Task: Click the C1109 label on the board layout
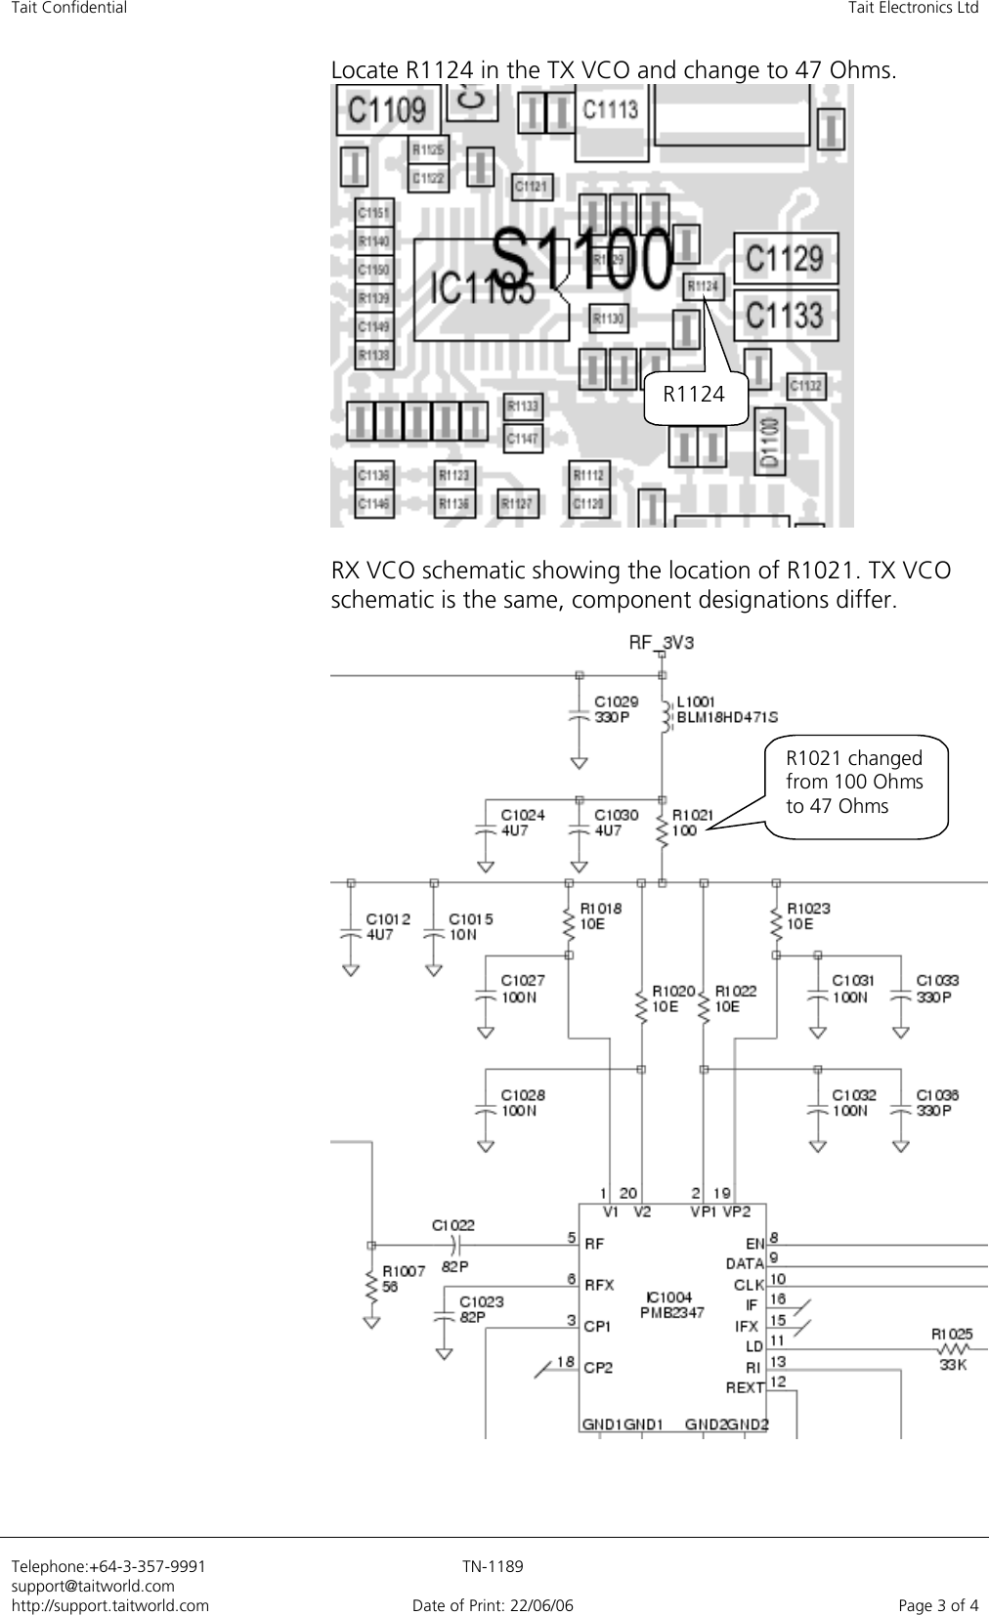(x=387, y=108)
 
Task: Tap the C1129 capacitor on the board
(x=785, y=259)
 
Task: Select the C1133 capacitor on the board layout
(x=785, y=315)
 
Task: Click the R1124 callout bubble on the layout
(x=694, y=395)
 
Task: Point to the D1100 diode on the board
(x=770, y=441)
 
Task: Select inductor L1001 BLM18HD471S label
(x=727, y=709)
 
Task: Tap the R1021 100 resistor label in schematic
(x=694, y=822)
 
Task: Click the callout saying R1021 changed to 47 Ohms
(x=854, y=783)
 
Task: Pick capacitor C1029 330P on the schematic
(x=617, y=708)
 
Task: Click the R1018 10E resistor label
(x=600, y=915)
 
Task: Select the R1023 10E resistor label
(x=807, y=915)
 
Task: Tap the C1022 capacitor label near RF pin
(x=453, y=1224)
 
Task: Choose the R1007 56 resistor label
(x=403, y=1279)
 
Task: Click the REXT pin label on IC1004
(x=744, y=1386)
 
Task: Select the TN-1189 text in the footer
(x=493, y=1566)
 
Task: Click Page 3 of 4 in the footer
(x=938, y=1604)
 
